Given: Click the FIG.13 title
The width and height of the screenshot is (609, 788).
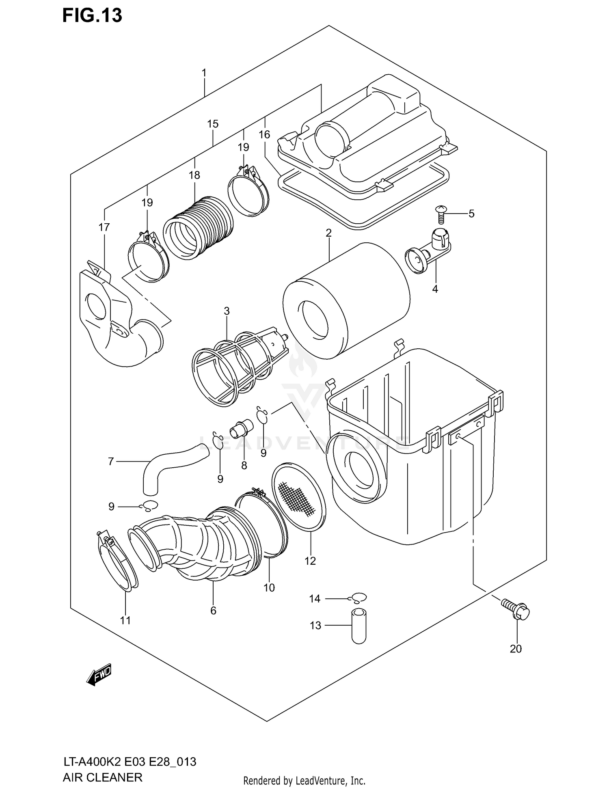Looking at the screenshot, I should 92,16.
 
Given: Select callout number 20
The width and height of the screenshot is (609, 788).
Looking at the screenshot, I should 515,649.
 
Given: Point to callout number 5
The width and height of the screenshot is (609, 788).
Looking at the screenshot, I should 471,214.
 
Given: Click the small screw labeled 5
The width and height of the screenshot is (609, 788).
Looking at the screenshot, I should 440,213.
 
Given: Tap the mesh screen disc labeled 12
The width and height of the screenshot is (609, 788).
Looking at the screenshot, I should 299,497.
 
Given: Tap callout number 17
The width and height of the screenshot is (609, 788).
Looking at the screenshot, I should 104,227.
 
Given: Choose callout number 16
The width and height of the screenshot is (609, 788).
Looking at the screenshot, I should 264,134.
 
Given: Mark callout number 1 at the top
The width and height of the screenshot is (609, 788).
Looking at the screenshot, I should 204,73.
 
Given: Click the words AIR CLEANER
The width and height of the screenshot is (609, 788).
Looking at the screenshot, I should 102,777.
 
